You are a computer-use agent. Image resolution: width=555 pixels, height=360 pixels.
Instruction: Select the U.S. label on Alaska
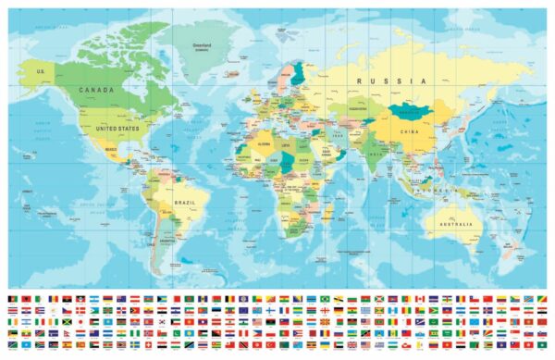coord(40,70)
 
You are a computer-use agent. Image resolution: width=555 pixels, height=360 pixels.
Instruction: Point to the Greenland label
coord(202,43)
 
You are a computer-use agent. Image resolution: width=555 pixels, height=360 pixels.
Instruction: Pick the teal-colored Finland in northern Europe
coord(298,74)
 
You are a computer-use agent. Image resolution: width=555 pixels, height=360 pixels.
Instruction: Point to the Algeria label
coord(264,144)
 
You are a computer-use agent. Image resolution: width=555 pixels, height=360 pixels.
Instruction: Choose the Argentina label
coord(167,242)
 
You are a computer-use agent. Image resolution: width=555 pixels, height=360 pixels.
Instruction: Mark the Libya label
coord(286,146)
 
